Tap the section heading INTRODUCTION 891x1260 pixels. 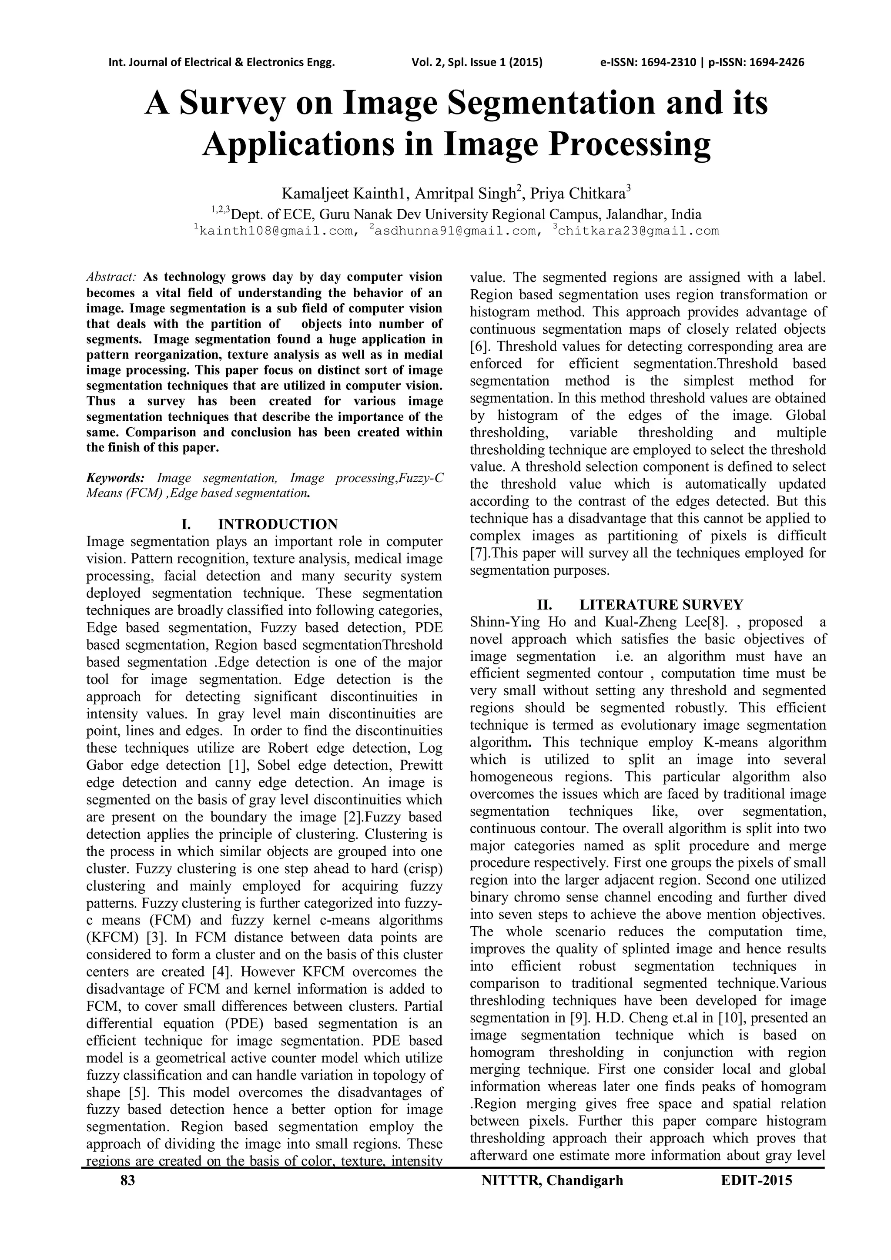[x=278, y=524]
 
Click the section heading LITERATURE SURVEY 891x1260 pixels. [x=661, y=605]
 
